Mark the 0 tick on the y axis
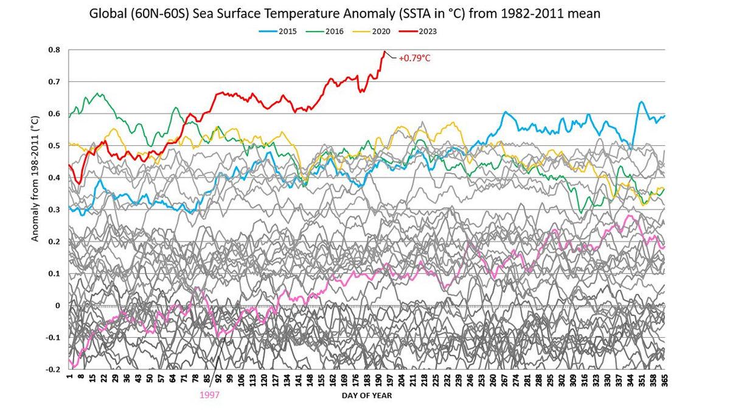(58, 306)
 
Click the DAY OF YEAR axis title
(366, 395)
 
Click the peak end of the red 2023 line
(384, 52)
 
